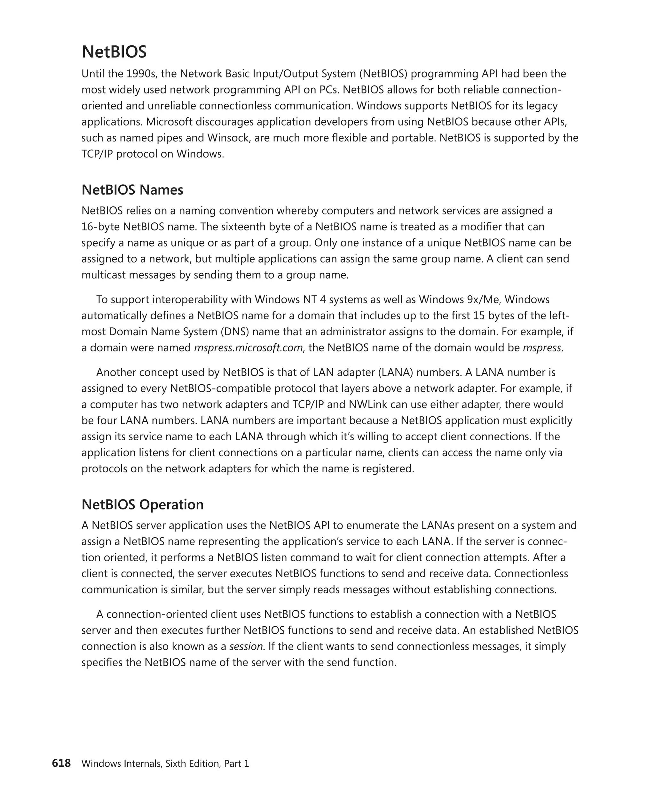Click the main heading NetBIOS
click(114, 52)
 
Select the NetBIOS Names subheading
click(132, 189)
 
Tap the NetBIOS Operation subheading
click(142, 504)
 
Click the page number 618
click(61, 763)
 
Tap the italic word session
click(246, 646)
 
